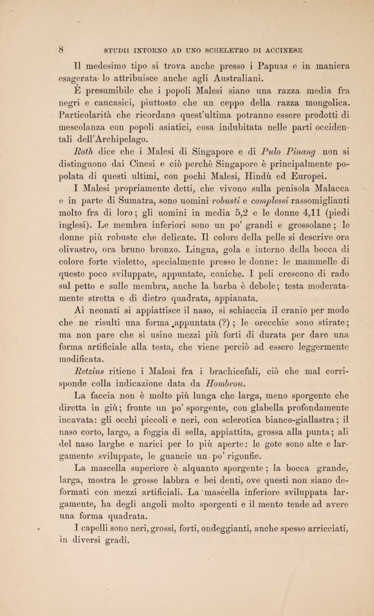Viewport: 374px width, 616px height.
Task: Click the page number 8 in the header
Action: pos(35,46)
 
